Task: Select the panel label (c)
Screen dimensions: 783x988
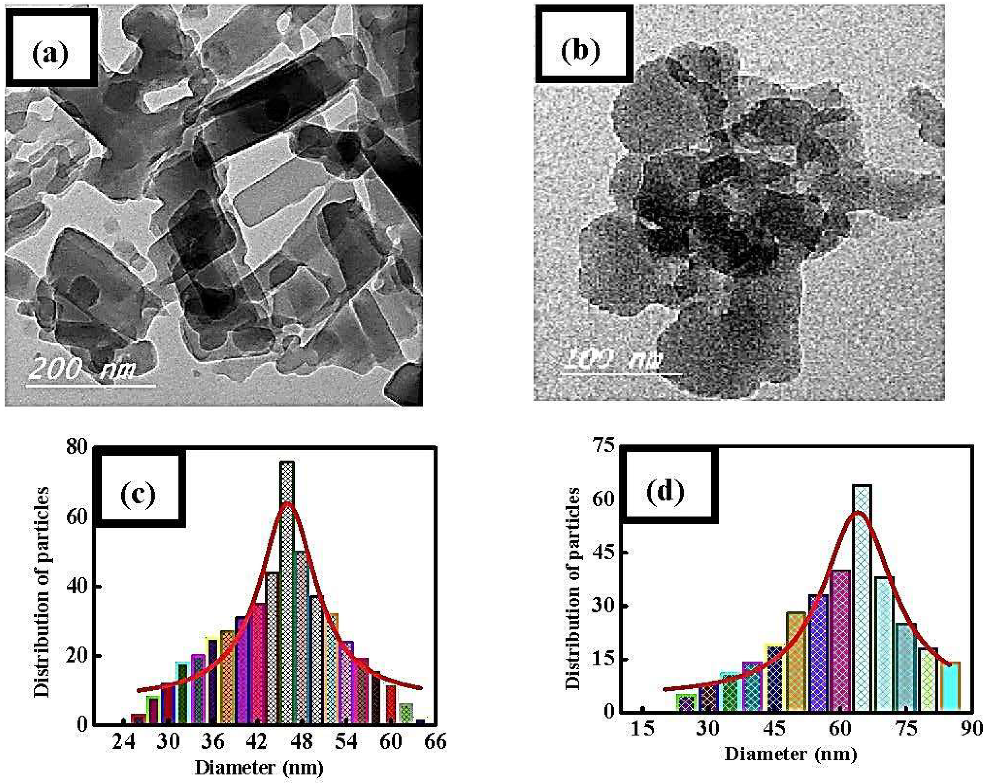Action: click(138, 494)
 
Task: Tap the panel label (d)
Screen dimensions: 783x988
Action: click(665, 491)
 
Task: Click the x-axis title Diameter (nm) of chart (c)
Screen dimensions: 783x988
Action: click(259, 767)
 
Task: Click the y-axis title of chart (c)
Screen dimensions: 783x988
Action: click(42, 593)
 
